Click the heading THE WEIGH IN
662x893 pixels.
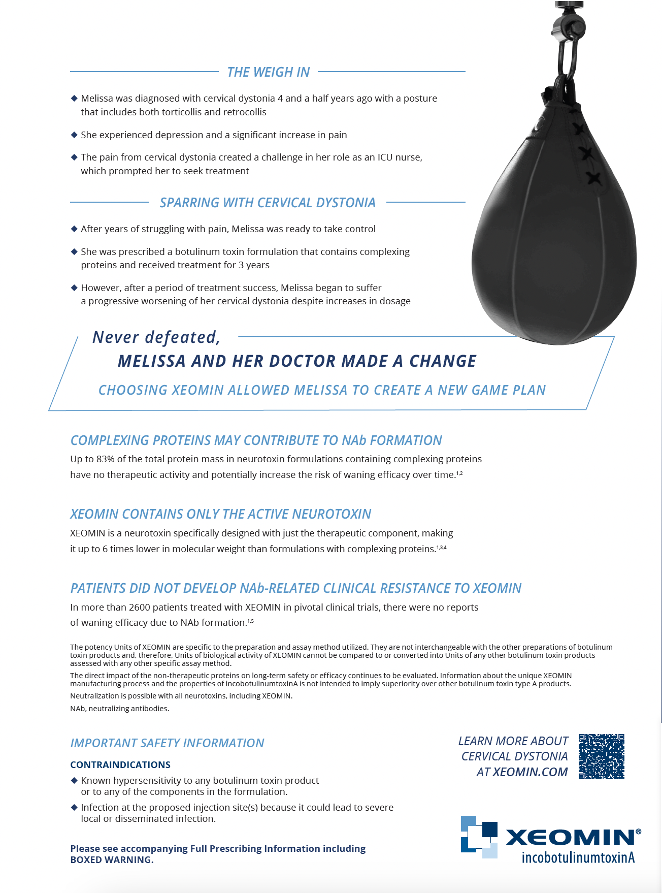click(x=268, y=72)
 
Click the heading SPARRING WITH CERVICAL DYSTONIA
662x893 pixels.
click(x=268, y=203)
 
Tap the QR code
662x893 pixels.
click(x=601, y=756)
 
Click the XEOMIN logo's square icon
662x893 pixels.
click(x=479, y=837)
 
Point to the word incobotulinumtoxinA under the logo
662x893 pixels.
click(x=578, y=858)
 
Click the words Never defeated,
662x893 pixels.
click(x=156, y=337)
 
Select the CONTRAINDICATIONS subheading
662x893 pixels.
click(x=120, y=765)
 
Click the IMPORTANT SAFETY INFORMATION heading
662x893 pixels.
click(x=167, y=743)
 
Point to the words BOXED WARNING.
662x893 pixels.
click(x=111, y=860)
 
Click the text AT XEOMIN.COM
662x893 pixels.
click(x=522, y=772)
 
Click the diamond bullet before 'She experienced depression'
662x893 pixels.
click(x=74, y=135)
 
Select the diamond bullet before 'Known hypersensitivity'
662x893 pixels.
click(x=74, y=780)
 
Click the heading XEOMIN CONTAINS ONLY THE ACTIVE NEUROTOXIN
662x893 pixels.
click(x=220, y=514)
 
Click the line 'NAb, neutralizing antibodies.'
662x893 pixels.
click(x=120, y=709)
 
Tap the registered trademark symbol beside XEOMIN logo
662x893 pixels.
click(x=638, y=832)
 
